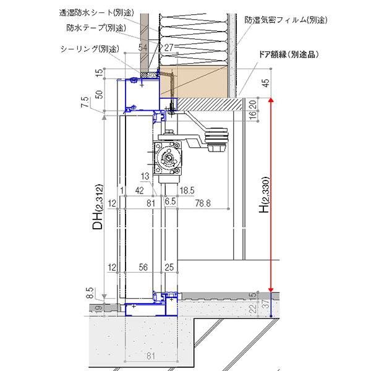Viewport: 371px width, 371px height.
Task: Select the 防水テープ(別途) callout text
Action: [96, 28]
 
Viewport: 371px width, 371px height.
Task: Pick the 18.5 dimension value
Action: [187, 190]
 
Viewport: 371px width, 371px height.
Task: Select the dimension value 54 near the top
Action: [143, 47]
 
